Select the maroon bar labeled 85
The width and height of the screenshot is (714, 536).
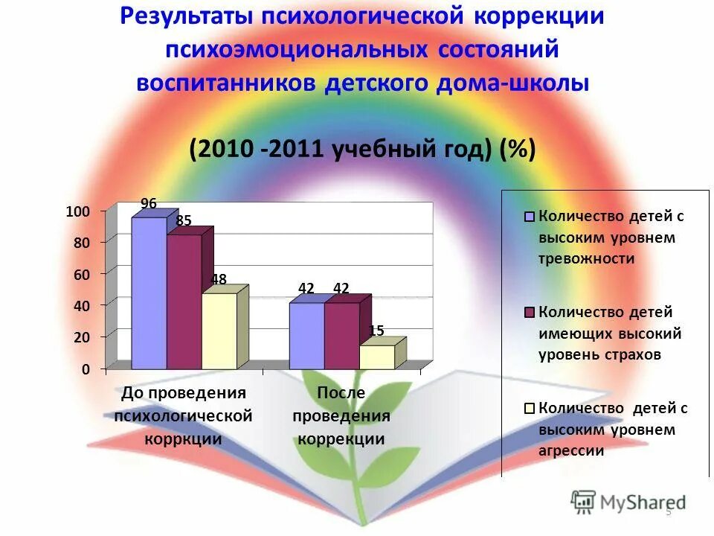184,301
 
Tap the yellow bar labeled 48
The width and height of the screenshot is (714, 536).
219,331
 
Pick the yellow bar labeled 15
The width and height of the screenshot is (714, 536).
376,357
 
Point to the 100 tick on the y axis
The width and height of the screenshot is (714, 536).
77,211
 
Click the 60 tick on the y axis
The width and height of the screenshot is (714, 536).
81,274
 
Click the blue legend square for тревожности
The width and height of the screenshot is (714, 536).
530,217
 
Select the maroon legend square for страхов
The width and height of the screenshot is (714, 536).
530,313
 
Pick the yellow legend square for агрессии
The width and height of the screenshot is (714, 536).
530,408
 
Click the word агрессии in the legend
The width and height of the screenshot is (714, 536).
571,450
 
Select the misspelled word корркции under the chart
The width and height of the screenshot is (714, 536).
183,438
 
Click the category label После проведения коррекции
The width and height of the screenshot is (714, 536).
341,415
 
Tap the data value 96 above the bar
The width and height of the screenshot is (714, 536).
149,203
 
